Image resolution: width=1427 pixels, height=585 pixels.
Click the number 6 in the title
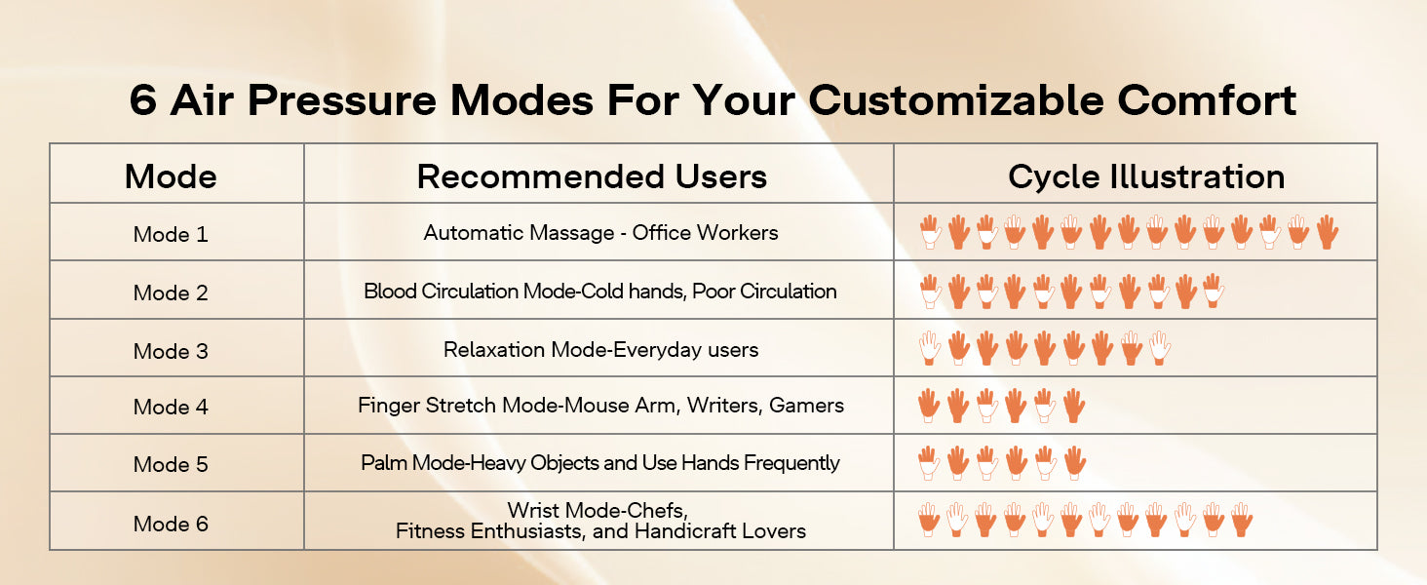pyautogui.click(x=143, y=100)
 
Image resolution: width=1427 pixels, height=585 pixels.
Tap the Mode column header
pyautogui.click(x=171, y=176)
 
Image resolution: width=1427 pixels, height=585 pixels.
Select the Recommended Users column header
pyautogui.click(x=592, y=176)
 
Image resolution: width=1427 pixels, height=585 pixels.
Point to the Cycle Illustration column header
pyautogui.click(x=1146, y=177)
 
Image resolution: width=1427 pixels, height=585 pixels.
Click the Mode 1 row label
pyautogui.click(x=171, y=235)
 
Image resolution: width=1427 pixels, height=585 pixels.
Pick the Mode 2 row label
pyautogui.click(x=171, y=293)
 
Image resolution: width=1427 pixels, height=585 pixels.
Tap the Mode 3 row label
pyautogui.click(x=171, y=351)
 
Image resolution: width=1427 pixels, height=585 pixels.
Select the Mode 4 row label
pyautogui.click(x=171, y=408)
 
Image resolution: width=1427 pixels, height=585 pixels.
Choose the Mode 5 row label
pyautogui.click(x=171, y=464)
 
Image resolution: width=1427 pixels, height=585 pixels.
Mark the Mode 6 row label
pyautogui.click(x=171, y=524)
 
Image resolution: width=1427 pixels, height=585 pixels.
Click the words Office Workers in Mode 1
pyautogui.click(x=706, y=233)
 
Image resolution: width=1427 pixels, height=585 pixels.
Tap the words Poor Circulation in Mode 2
pyautogui.click(x=764, y=292)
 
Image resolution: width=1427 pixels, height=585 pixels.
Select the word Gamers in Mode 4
pyautogui.click(x=806, y=406)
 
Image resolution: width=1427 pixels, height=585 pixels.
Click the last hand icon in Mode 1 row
pyautogui.click(x=1328, y=232)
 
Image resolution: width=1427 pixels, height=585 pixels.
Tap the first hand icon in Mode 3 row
pyautogui.click(x=930, y=348)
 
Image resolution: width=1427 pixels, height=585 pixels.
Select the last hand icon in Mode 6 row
pyautogui.click(x=1242, y=520)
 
